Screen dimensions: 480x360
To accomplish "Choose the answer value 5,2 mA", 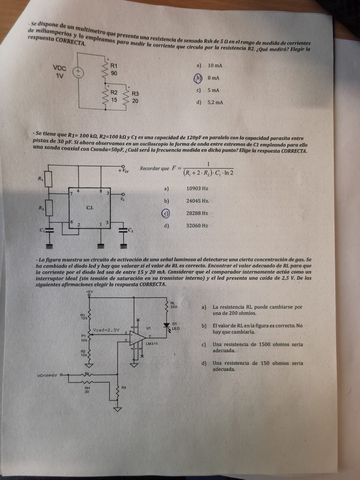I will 217,101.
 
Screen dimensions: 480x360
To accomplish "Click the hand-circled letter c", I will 164,213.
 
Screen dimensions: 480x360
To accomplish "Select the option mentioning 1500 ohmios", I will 250,346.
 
